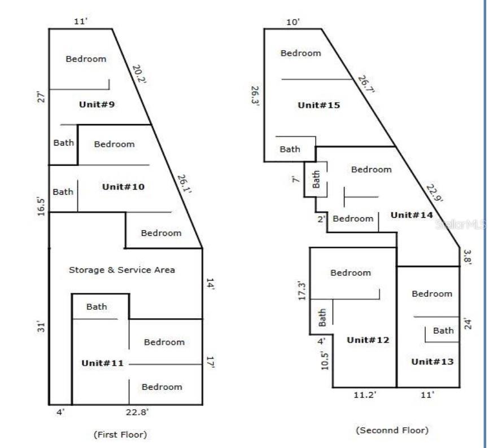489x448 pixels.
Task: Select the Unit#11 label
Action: point(102,363)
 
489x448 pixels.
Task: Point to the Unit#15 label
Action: point(318,105)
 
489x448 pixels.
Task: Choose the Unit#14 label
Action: point(412,215)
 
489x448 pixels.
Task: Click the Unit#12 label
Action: point(369,340)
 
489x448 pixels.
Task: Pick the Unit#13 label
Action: point(432,362)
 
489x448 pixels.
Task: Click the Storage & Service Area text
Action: point(121,270)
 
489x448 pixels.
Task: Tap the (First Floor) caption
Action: point(120,434)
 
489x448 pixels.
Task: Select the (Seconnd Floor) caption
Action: point(391,430)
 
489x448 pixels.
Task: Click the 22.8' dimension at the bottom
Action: point(137,412)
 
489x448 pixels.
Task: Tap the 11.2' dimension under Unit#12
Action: point(365,396)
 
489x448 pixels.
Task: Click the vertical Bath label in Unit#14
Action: point(316,179)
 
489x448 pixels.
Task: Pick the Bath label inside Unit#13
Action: point(443,331)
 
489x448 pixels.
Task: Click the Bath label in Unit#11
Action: point(97,307)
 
